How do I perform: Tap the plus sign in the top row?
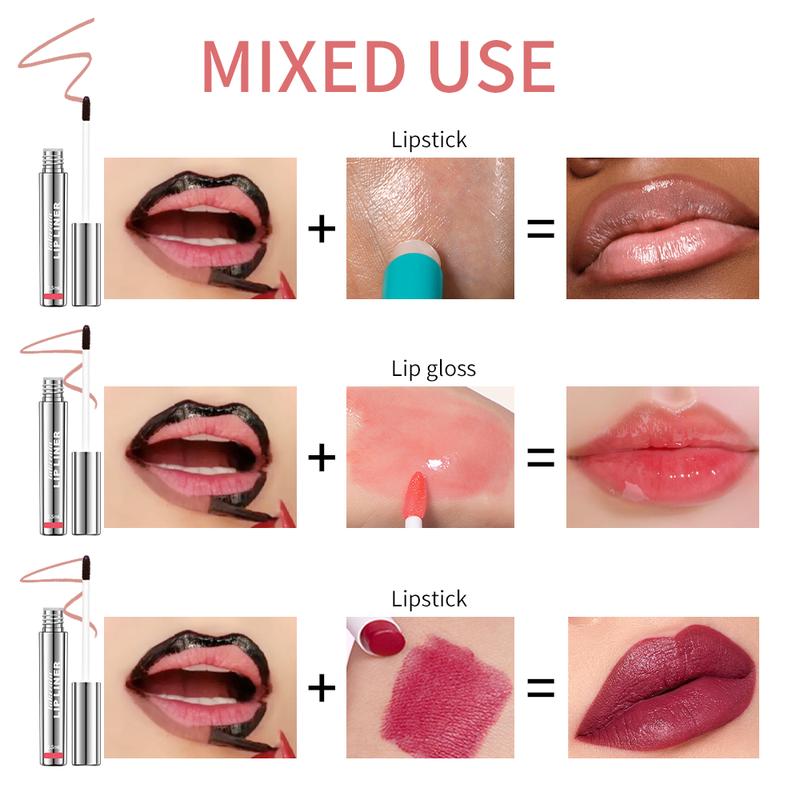tap(321, 229)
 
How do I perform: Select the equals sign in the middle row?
tap(540, 458)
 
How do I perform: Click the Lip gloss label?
tap(433, 369)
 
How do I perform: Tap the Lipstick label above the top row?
tap(429, 140)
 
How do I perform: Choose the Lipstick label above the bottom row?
tap(429, 599)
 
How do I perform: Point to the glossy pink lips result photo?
tap(661, 458)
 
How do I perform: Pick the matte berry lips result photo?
tap(661, 687)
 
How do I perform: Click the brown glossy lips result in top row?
tap(661, 229)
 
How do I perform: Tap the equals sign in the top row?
tap(540, 229)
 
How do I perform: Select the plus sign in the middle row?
tap(321, 458)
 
